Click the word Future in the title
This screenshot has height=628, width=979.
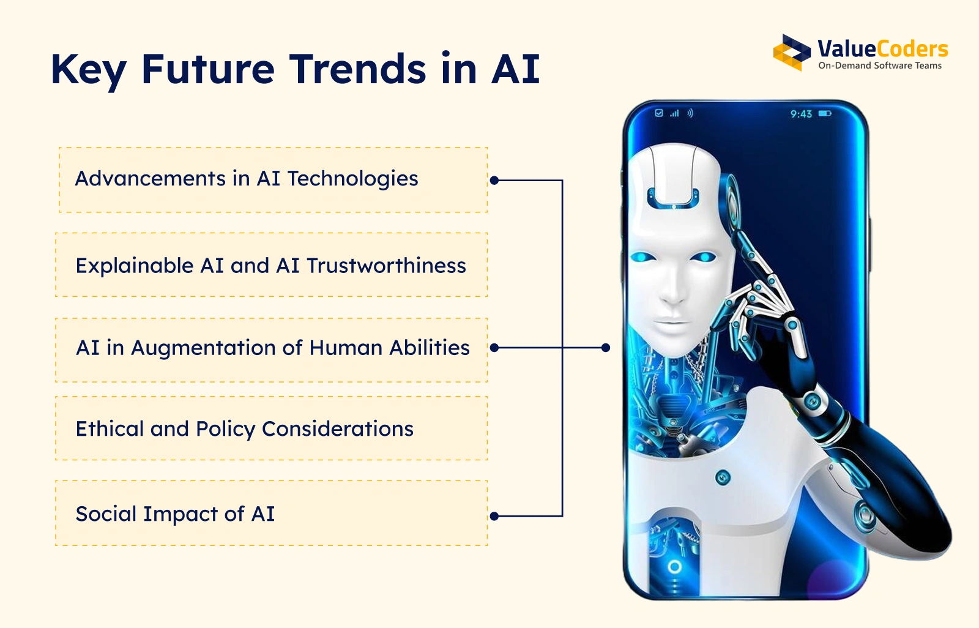[208, 69]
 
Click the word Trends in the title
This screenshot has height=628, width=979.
[357, 69]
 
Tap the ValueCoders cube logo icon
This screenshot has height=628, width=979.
[792, 53]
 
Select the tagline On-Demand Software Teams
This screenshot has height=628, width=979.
[880, 65]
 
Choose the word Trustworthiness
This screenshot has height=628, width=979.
[386, 266]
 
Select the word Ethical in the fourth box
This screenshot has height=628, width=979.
[110, 428]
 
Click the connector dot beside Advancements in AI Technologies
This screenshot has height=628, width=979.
[494, 180]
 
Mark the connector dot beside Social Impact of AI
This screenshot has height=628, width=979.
[494, 517]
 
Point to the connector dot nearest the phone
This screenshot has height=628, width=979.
[605, 348]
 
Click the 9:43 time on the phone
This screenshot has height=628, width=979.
[801, 114]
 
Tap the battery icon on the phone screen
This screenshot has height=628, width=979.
[825, 114]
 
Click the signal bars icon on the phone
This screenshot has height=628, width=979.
[675, 114]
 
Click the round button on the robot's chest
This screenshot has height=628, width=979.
[723, 477]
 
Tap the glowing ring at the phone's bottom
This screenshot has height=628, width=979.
[675, 567]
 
